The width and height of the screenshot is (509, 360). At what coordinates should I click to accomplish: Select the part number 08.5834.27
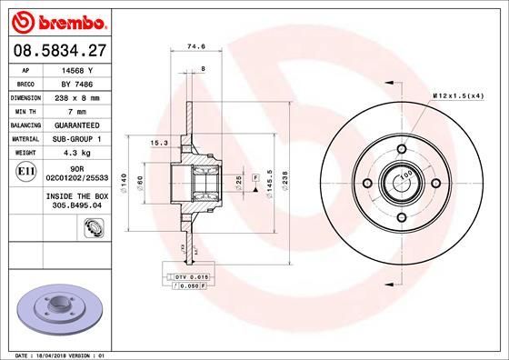pos(57,51)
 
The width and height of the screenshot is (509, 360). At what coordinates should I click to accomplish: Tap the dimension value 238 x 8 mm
pos(77,95)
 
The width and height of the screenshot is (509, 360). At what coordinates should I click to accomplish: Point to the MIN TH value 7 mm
pos(77,109)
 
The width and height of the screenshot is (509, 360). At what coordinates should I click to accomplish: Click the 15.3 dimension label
pos(156,143)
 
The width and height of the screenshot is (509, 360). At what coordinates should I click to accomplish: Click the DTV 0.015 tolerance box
pos(191,275)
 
